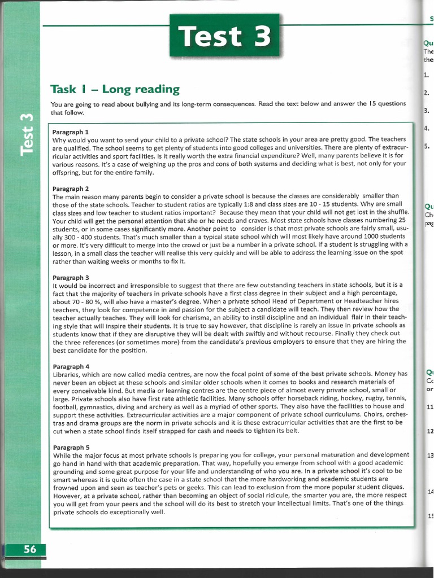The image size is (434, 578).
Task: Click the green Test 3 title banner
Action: pyautogui.click(x=225, y=35)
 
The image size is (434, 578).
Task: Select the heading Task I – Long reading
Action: pyautogui.click(x=115, y=89)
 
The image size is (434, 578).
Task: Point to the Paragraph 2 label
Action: pyautogui.click(x=71, y=189)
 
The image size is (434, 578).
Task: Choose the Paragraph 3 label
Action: pyautogui.click(x=71, y=277)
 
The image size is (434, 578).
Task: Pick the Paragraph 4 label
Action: pyautogui.click(x=71, y=366)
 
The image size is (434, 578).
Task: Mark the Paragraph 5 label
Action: pyautogui.click(x=71, y=446)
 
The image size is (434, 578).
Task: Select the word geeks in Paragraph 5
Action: pyautogui.click(x=196, y=487)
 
